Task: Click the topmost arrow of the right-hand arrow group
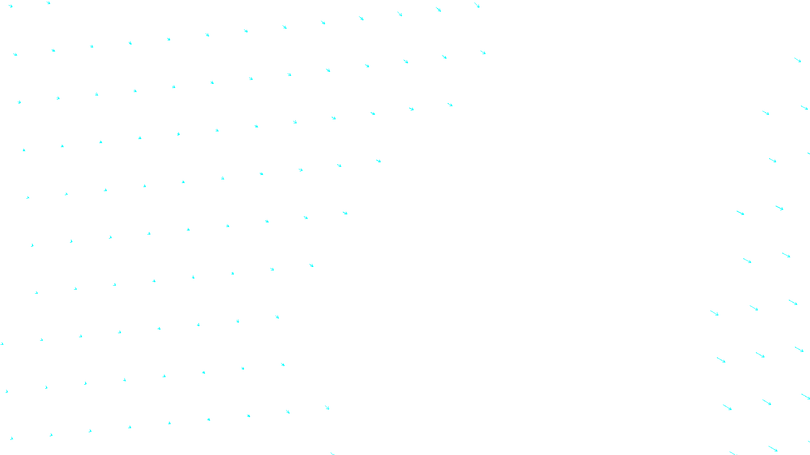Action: coord(798,60)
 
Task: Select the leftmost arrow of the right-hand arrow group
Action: coord(714,313)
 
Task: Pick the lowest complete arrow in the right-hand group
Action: coord(773,448)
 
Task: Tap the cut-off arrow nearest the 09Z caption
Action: coord(332,453)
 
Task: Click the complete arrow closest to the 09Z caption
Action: coord(327,407)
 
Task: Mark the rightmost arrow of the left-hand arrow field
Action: coord(483,52)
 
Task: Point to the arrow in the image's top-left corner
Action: coord(10,6)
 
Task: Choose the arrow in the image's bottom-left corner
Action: coord(11,438)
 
